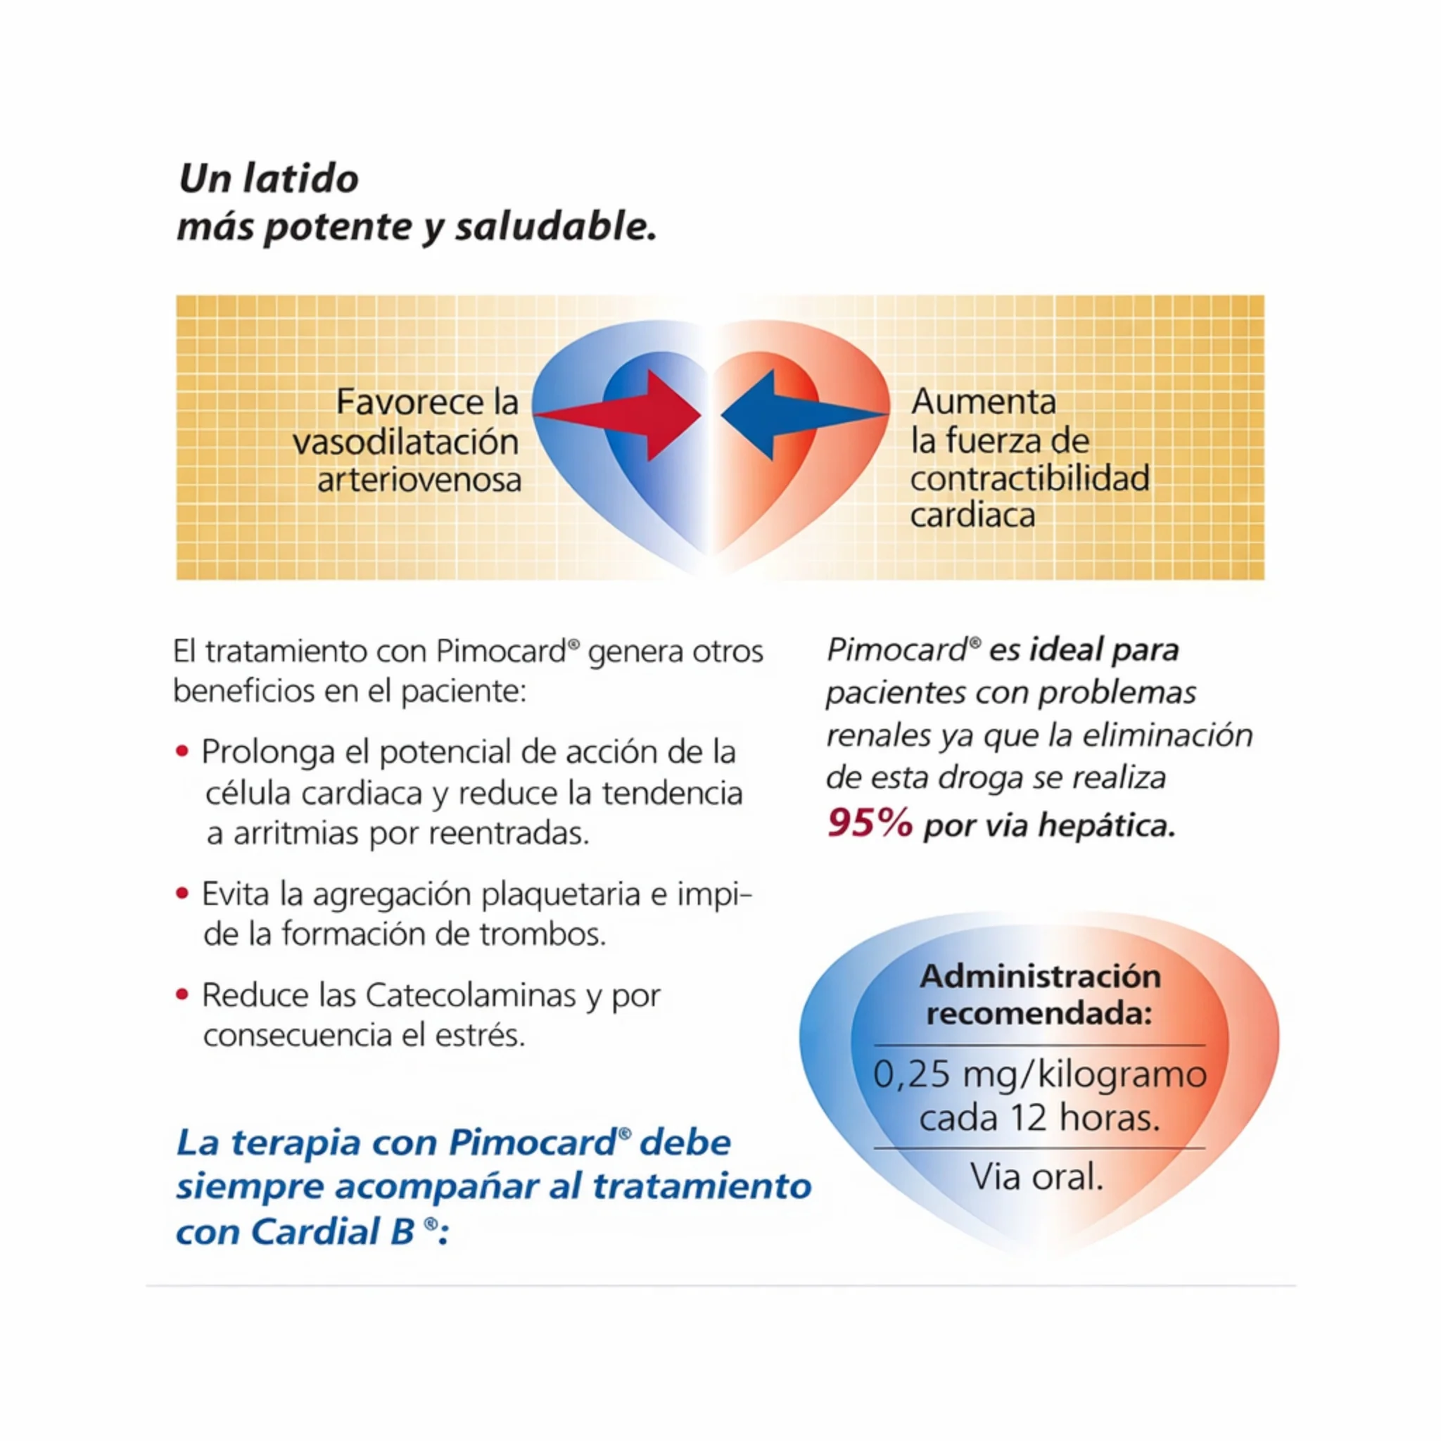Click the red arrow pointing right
pyautogui.click(x=619, y=414)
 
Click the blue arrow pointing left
pyautogui.click(x=804, y=414)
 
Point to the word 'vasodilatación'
pyautogui.click(x=406, y=442)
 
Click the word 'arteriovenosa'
pyautogui.click(x=419, y=480)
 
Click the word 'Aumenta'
pyautogui.click(x=984, y=402)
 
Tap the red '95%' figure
pyautogui.click(x=870, y=823)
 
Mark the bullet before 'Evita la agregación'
pyautogui.click(x=182, y=892)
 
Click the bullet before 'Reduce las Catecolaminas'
pyautogui.click(x=182, y=994)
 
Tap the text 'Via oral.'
pyautogui.click(x=1036, y=1177)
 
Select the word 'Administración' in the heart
pyautogui.click(x=1040, y=977)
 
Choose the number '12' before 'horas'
pyautogui.click(x=1028, y=1118)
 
